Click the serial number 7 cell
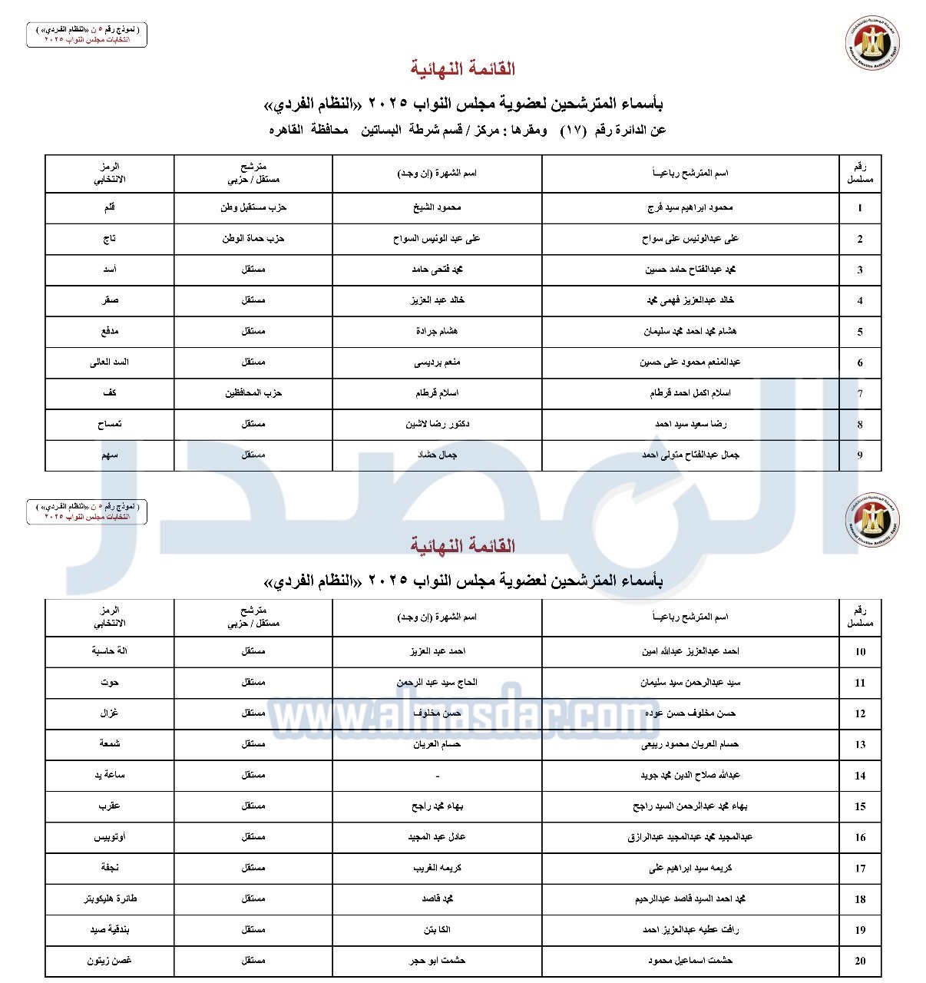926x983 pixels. coord(860,393)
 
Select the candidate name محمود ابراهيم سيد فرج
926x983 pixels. coord(690,207)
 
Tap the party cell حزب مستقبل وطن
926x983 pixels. coord(253,207)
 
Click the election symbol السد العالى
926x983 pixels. coord(109,362)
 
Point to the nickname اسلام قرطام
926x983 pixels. coord(437,393)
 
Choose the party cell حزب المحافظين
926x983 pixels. coord(253,393)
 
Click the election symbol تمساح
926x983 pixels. coord(109,424)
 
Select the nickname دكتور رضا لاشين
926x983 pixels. coord(437,424)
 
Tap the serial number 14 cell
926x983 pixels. coord(860,775)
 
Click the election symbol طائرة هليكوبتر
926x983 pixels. coord(110,899)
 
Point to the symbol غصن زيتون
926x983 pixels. coord(109,960)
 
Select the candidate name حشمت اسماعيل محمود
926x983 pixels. coord(690,960)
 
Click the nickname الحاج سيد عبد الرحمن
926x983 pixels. coord(437,682)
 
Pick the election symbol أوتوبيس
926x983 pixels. coord(109,837)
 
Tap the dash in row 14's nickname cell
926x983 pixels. coord(437,776)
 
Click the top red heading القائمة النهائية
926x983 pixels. coord(462,69)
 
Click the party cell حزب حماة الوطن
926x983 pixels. coord(253,239)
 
